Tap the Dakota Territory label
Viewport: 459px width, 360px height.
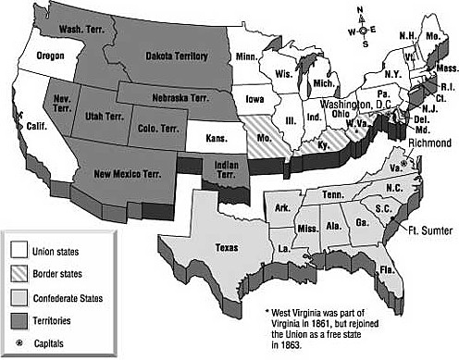[176, 56]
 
